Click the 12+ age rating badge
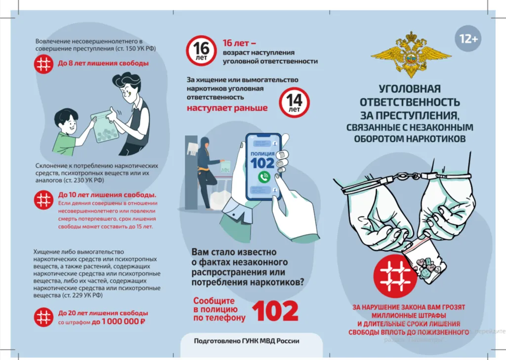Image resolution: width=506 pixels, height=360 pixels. [x=468, y=39]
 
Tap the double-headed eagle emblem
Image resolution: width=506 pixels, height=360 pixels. [x=411, y=54]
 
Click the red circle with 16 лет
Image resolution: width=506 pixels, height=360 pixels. [x=201, y=51]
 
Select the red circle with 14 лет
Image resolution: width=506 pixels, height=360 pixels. [x=294, y=102]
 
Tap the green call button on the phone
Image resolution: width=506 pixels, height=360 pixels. [x=264, y=177]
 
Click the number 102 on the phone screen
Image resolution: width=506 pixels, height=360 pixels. [x=262, y=163]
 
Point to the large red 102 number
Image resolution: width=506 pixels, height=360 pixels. [x=275, y=311]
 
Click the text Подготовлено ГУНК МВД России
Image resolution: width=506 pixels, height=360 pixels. [x=247, y=341]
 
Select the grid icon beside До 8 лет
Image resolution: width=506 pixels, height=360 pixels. [x=43, y=64]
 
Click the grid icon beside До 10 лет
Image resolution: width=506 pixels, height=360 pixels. [x=43, y=200]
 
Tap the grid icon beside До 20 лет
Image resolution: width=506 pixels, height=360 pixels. [x=43, y=317]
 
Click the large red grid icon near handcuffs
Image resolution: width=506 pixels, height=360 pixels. [x=395, y=276]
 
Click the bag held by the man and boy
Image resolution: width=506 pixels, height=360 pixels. [x=104, y=128]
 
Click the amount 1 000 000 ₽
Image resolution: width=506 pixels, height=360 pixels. [x=119, y=321]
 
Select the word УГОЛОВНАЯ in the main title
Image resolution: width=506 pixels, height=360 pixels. [x=410, y=89]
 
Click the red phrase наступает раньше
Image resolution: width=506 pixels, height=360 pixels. [x=227, y=108]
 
